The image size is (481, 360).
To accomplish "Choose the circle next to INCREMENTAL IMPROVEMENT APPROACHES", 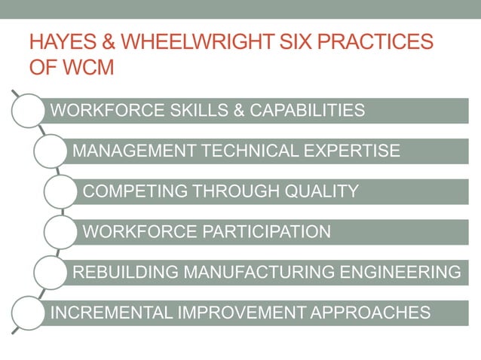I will [28, 312].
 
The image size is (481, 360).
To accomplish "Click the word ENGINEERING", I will [407, 272].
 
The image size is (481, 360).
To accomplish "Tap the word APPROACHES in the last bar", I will [369, 312].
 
